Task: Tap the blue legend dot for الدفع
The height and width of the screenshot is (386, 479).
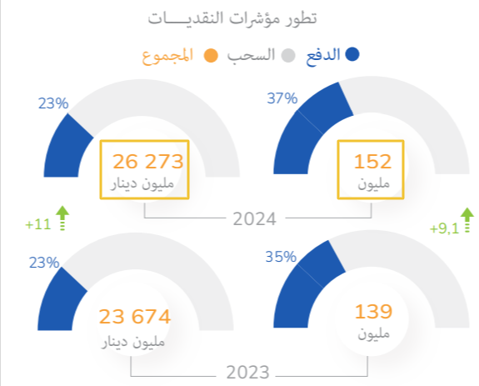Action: [352, 55]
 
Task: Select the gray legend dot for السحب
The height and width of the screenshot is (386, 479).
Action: [288, 55]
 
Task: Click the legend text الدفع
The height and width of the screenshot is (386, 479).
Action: [324, 55]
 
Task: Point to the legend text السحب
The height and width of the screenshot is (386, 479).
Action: [255, 55]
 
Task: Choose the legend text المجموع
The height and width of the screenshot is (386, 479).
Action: [168, 55]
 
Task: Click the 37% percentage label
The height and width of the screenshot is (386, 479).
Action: [282, 98]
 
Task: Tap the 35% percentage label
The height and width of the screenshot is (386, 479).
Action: [282, 257]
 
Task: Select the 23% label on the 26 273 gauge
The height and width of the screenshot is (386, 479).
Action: [52, 103]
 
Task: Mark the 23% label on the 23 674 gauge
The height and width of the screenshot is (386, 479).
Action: [43, 263]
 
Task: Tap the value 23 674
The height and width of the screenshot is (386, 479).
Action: [135, 317]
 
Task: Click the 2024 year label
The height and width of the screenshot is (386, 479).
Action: [255, 219]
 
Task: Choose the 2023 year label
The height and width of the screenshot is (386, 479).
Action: [247, 371]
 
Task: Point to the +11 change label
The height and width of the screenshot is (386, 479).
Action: [38, 225]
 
